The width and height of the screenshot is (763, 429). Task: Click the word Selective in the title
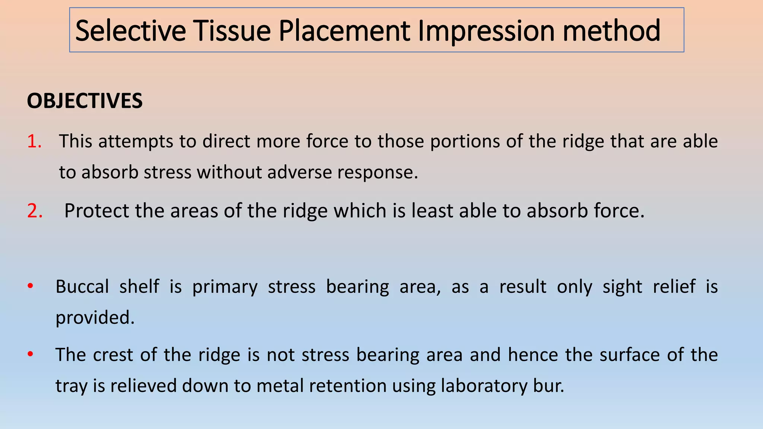[130, 31]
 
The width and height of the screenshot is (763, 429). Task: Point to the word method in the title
[611, 31]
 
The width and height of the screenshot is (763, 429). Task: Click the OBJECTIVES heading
[85, 101]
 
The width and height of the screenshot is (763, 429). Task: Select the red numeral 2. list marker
[35, 211]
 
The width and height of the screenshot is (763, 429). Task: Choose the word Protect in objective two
[96, 211]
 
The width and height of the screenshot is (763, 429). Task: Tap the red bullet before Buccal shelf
[31, 286]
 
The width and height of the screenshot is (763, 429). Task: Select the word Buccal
[82, 287]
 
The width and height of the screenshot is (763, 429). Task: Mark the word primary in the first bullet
[225, 287]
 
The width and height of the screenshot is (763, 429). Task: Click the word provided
[95, 318]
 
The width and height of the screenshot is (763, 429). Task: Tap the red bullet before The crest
[31, 354]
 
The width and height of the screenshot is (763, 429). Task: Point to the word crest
[113, 355]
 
